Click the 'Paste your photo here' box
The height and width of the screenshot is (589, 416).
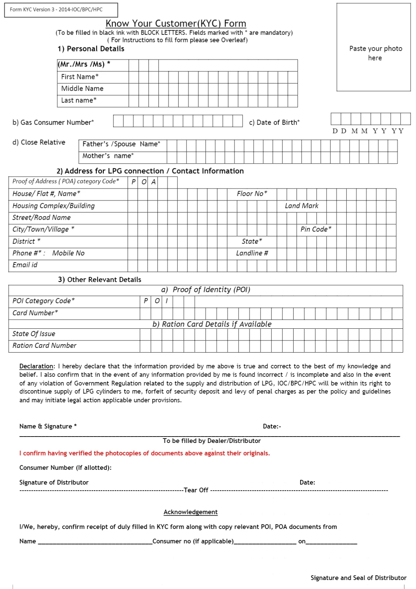(374, 47)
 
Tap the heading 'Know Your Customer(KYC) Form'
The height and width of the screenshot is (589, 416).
(176, 24)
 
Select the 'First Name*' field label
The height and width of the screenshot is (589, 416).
(80, 77)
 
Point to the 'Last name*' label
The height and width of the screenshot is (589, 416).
(79, 100)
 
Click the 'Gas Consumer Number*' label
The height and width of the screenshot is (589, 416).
(53, 123)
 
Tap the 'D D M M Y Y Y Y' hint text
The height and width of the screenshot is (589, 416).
(368, 131)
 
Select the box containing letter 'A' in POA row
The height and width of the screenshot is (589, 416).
(153, 182)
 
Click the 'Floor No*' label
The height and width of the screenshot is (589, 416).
(252, 194)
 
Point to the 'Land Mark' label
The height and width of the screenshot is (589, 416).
(301, 206)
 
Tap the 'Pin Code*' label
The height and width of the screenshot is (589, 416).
(316, 229)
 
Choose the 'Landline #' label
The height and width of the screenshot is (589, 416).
(252, 253)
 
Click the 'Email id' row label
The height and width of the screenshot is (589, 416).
(25, 265)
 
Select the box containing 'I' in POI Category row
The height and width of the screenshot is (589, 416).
(167, 301)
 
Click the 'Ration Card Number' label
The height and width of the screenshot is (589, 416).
(44, 346)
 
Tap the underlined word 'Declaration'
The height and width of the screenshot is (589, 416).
(36, 366)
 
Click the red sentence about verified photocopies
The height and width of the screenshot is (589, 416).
(144, 453)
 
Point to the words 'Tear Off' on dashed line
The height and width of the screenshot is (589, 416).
(196, 490)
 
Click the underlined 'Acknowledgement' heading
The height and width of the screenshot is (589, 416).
(191, 512)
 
